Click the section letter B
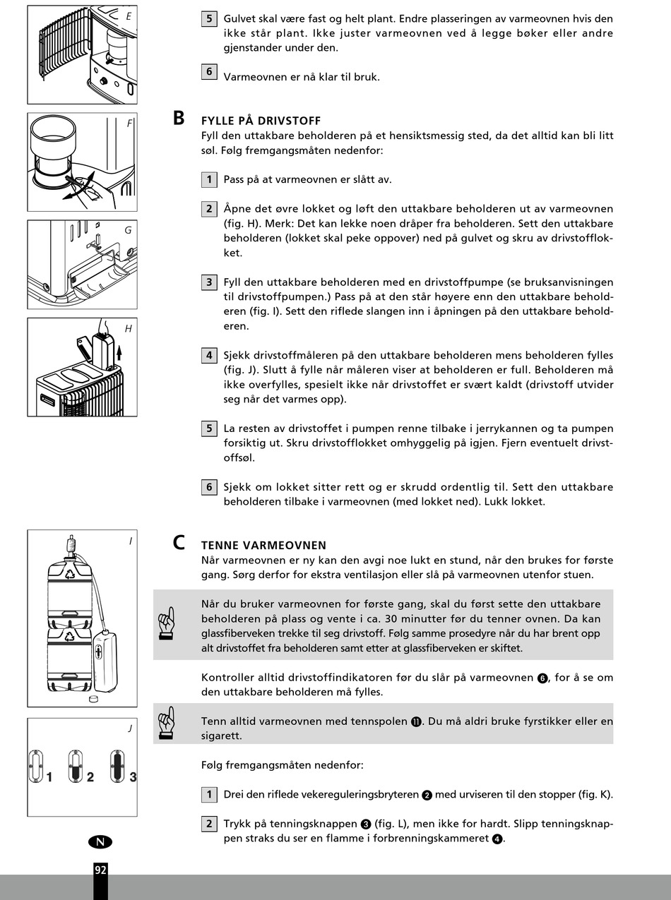179,118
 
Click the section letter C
179,543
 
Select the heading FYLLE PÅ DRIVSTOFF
261,121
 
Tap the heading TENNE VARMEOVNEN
264,545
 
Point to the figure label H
129,328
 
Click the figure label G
129,230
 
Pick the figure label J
130,728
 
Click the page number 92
100,870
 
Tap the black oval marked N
100,842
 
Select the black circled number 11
416,722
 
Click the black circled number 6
542,678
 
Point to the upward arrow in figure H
119,352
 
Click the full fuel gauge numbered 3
117,766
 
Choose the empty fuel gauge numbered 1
36,766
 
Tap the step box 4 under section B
209,356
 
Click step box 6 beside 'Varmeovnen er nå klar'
209,72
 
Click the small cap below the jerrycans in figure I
94,698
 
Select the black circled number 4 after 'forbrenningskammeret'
497,839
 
